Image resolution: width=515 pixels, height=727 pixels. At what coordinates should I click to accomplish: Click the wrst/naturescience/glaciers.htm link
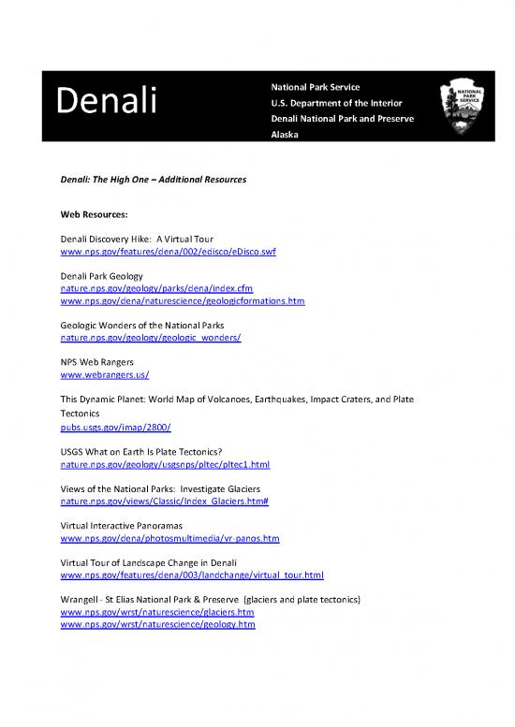[156, 612]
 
